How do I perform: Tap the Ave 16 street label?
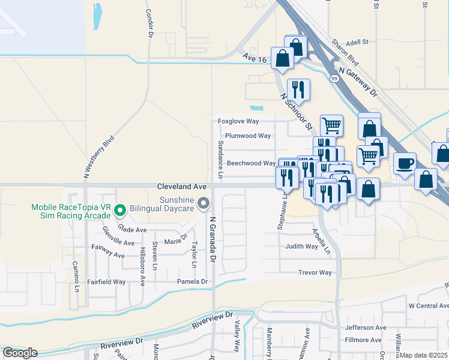coord(254,58)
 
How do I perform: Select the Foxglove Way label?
coord(238,121)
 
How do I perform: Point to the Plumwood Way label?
coord(248,136)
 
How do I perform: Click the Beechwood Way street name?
coord(251,163)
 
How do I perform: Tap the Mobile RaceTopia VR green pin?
coord(120,210)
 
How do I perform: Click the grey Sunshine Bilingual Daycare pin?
coord(203,204)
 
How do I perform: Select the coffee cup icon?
coord(405,163)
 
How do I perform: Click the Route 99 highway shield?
coord(334,79)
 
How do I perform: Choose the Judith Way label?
coord(301,247)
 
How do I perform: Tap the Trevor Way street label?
coord(315,272)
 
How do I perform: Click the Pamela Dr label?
coord(192,281)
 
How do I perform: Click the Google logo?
coord(19,353)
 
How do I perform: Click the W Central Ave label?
coord(429,306)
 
